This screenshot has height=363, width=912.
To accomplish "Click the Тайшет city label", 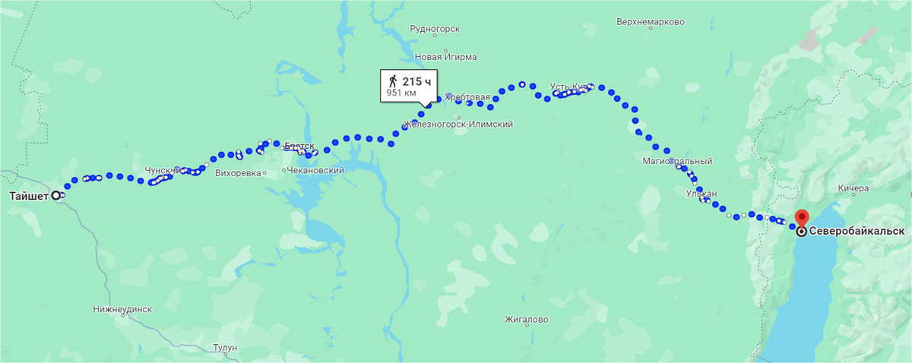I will [29, 196].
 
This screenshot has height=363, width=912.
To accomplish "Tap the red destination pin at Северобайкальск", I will [801, 217].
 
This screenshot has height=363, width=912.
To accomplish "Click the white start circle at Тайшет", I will [55, 196].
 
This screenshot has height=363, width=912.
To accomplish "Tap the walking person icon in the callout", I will [393, 80].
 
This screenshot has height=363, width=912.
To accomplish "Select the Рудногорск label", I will [435, 29].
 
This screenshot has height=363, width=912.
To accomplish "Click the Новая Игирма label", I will [445, 57].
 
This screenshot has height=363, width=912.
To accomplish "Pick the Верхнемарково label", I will [651, 21].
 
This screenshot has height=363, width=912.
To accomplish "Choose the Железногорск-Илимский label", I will [458, 124].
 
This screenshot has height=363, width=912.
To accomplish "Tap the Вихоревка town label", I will [238, 172].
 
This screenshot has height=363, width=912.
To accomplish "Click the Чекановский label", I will [316, 170].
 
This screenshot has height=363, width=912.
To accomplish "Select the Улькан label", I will [701, 194].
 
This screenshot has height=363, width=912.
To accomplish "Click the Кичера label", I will [853, 188].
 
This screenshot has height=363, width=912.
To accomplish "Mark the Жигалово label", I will [526, 320].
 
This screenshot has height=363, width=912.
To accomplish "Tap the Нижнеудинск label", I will [123, 309].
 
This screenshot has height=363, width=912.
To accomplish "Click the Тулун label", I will [225, 348].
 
